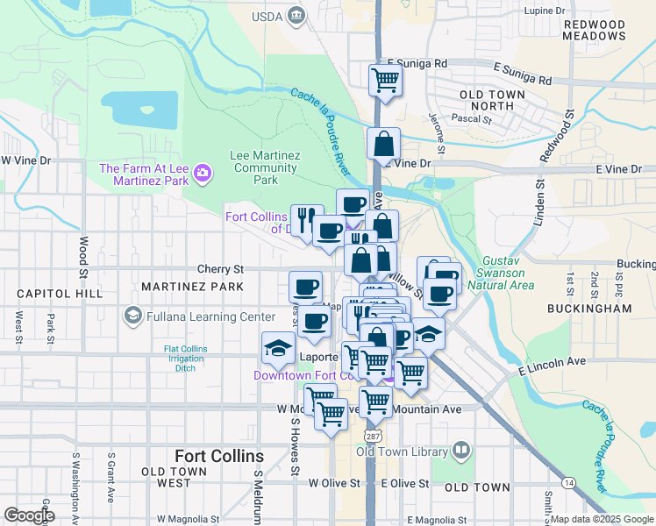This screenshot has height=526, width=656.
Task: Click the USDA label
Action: [x=267, y=15]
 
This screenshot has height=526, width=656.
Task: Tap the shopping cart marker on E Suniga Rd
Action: [x=385, y=80]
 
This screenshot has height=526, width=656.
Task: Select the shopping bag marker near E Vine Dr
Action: [x=384, y=144]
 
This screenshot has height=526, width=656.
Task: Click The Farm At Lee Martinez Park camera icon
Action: [x=203, y=173]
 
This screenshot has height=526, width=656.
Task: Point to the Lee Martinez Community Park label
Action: [x=265, y=167]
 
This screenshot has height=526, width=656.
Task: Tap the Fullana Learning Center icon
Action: [x=132, y=315]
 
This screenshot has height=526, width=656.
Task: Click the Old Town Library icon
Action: [x=461, y=451]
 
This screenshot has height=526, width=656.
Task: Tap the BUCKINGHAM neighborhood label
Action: [x=588, y=309]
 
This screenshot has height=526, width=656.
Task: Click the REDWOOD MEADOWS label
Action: [x=595, y=30]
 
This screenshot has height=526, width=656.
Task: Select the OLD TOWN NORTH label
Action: [x=492, y=100]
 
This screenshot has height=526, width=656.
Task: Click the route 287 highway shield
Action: [x=367, y=436]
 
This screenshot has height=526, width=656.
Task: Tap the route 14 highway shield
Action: [x=569, y=482]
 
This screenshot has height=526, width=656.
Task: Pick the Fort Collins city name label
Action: [x=219, y=456]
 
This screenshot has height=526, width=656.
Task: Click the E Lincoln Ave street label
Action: [x=552, y=361]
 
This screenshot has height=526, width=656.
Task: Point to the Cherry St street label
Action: [x=219, y=269]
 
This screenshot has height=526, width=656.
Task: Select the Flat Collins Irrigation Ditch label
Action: [x=186, y=358]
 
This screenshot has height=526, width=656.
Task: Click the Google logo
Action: [x=28, y=515]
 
